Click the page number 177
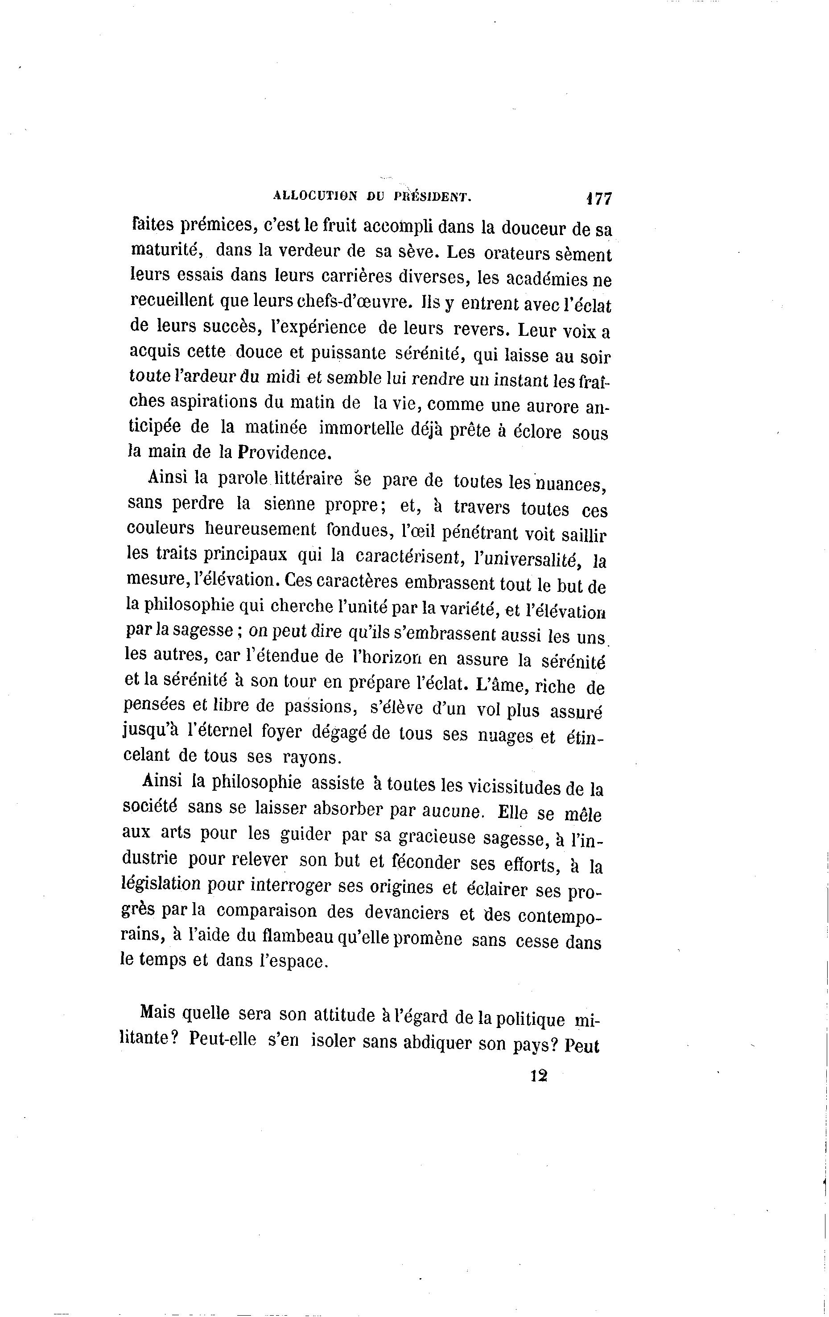(x=599, y=198)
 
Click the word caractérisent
(x=406, y=556)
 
